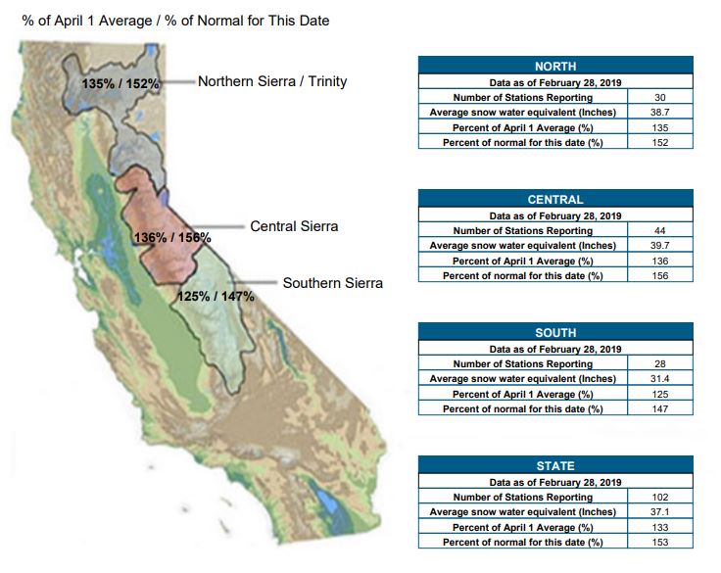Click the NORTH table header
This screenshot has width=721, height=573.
(x=555, y=66)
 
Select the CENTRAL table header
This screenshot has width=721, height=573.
(x=555, y=199)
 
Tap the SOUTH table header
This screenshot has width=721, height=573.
(x=555, y=332)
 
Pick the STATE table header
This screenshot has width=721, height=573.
(x=555, y=466)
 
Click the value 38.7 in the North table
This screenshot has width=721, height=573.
(x=660, y=113)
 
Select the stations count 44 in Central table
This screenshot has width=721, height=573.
(x=660, y=231)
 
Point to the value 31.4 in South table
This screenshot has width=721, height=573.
(x=660, y=379)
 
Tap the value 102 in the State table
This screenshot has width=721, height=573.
(x=660, y=498)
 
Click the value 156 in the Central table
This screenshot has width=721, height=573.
(x=660, y=276)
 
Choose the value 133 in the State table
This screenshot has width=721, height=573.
(x=660, y=528)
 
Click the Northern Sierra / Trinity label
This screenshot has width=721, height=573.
(x=272, y=81)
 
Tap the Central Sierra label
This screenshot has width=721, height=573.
(x=294, y=226)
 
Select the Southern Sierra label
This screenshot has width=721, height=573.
(x=332, y=283)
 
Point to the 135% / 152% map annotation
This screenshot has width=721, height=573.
(x=120, y=83)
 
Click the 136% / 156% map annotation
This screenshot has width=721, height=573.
(x=172, y=237)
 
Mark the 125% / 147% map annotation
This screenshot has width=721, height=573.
(x=216, y=296)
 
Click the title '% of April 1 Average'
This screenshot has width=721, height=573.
(x=87, y=21)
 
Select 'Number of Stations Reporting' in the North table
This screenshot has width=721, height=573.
(x=523, y=98)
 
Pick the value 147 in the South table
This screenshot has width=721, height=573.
(x=660, y=409)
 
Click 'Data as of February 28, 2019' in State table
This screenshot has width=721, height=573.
(x=555, y=483)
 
